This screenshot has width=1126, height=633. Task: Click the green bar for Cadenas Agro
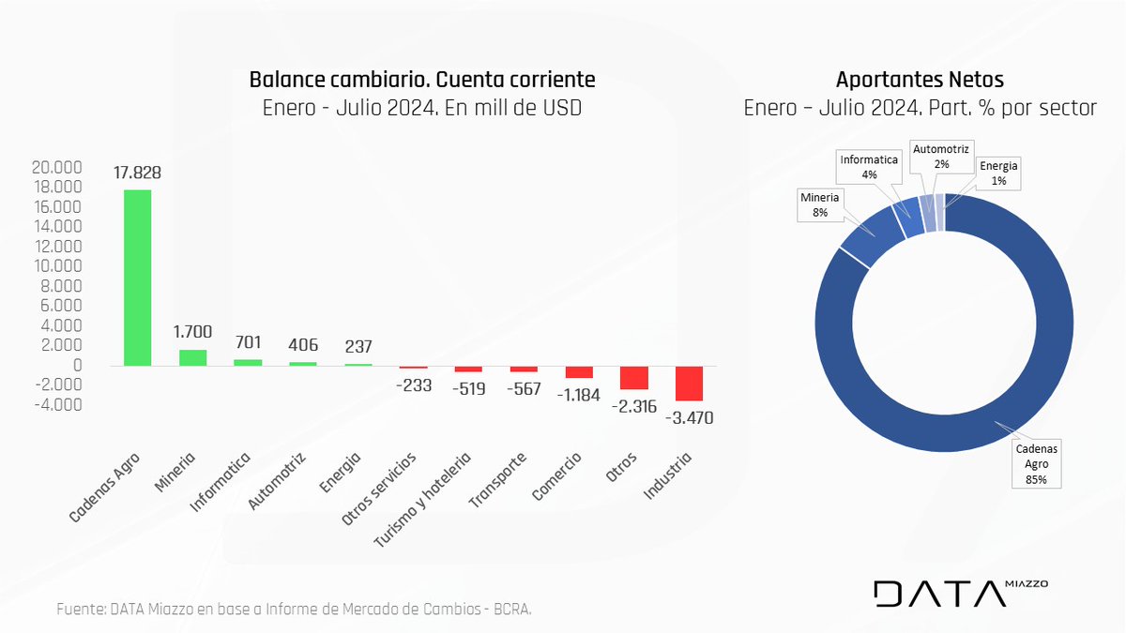(x=138, y=278)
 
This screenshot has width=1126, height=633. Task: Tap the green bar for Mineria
(x=192, y=357)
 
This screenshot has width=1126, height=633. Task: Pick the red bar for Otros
(x=634, y=377)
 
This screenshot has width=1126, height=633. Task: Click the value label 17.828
(x=138, y=173)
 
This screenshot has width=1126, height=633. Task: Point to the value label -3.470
(x=690, y=418)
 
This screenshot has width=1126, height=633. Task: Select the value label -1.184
(x=579, y=394)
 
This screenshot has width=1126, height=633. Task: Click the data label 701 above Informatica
(x=248, y=343)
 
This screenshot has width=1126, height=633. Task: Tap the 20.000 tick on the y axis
(x=56, y=168)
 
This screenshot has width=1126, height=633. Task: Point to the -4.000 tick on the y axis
(x=56, y=405)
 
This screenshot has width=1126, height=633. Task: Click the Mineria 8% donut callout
(x=819, y=205)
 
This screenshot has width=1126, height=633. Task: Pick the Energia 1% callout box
(x=998, y=173)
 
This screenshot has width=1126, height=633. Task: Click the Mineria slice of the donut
(x=870, y=236)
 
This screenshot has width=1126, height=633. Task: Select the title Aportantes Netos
(x=920, y=80)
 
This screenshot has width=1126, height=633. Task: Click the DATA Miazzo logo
(x=960, y=593)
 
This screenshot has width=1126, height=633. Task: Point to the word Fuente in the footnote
(x=81, y=610)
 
